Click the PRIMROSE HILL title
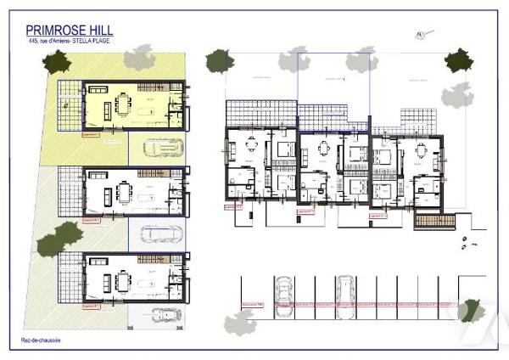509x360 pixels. [70, 31]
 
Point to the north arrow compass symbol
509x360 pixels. [419, 35]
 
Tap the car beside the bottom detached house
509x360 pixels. [165, 314]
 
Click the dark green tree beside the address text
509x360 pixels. [57, 61]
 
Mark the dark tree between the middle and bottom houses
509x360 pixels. [70, 235]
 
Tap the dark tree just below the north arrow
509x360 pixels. [459, 59]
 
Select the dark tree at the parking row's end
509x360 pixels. [470, 311]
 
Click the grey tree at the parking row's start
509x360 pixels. [240, 323]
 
